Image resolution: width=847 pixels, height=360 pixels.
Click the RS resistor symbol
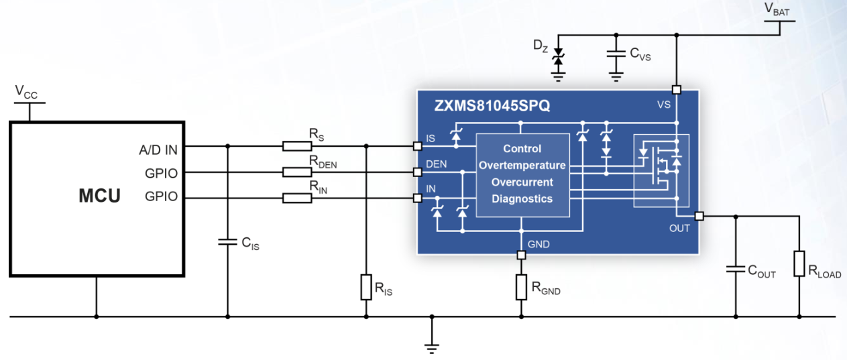(297, 146)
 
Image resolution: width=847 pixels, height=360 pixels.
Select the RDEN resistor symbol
(297, 172)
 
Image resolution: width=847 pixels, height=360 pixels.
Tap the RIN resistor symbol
(297, 198)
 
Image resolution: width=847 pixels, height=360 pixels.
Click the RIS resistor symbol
(366, 287)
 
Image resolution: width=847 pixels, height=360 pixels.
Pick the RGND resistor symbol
(522, 287)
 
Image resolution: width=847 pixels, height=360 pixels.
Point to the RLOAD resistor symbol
(799, 263)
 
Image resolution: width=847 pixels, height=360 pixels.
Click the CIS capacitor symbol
(227, 241)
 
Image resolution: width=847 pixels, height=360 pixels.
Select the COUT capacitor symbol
(736, 269)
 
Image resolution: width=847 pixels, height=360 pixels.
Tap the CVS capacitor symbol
(616, 54)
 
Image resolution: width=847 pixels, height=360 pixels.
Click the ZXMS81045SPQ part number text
(492, 105)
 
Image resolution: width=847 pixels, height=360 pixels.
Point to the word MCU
(99, 196)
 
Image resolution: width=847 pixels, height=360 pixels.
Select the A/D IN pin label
(158, 150)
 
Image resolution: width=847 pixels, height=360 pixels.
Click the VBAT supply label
(777, 9)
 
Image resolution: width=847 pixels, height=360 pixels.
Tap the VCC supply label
(26, 93)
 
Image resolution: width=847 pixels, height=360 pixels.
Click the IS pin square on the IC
(417, 146)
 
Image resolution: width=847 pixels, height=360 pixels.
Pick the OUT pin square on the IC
(699, 217)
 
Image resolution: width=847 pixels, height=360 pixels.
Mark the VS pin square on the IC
(677, 90)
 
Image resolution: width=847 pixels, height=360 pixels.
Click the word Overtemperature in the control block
(522, 166)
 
